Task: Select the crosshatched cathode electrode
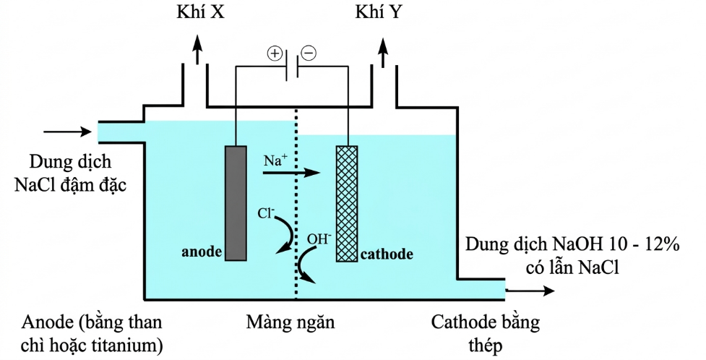click(348, 203)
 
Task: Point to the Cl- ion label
click(267, 214)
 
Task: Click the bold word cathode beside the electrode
click(387, 254)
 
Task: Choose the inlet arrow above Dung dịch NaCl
click(65, 132)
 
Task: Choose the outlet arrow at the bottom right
click(531, 291)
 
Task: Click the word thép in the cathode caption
click(484, 345)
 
